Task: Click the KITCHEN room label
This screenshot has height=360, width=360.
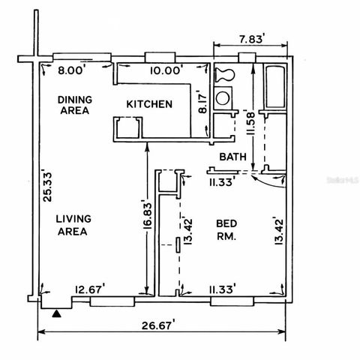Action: [x=149, y=104]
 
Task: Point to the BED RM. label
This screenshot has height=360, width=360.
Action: [x=226, y=229]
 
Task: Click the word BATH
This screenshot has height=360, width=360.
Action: [x=233, y=157]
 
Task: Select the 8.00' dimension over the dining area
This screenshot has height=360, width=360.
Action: [x=73, y=71]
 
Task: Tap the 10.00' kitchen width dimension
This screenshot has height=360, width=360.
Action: [x=164, y=71]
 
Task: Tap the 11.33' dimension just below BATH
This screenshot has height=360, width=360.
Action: [x=223, y=180]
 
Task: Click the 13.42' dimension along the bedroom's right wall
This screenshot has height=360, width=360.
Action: [x=278, y=232]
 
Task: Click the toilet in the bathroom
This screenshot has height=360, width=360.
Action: [x=223, y=74]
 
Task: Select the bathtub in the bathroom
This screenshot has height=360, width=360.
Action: [x=274, y=88]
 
